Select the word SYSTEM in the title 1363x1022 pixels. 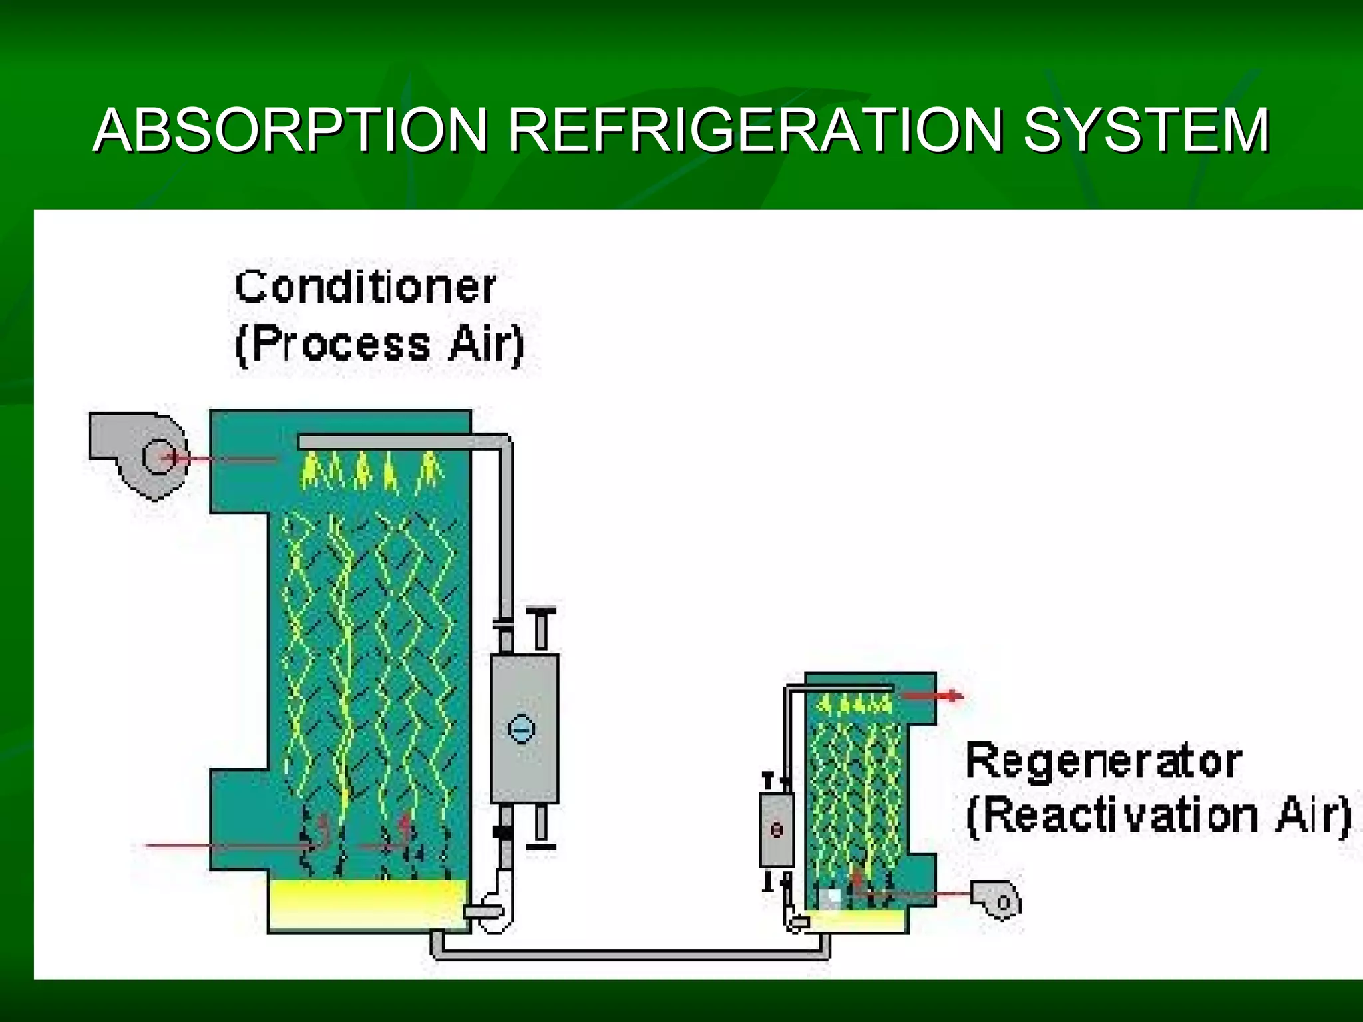1146,130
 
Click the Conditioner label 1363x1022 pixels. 365,287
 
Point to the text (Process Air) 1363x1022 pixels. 380,345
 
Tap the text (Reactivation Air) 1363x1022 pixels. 1158,816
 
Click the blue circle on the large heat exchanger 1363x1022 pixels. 521,729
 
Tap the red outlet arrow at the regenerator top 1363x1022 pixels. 932,696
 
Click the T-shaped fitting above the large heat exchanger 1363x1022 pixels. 541,626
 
